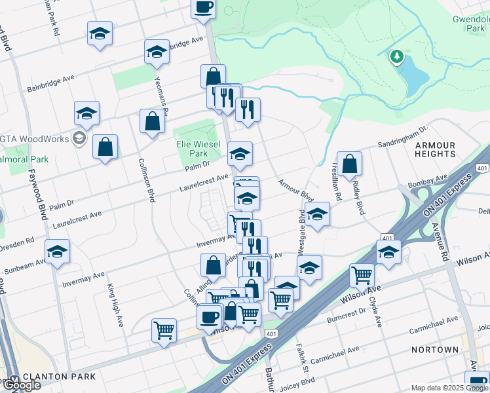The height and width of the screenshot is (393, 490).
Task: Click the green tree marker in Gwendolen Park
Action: (396, 57)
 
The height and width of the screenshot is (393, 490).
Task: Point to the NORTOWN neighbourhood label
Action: (435, 350)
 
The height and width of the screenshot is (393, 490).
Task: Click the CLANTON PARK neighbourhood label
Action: (59, 377)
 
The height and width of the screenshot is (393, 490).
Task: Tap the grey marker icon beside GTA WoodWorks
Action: (79, 138)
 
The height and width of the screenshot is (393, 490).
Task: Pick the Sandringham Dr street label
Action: (402, 137)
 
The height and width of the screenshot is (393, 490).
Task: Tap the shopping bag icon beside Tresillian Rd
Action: (351, 164)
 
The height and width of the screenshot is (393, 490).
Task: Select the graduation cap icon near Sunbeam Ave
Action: (57, 252)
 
